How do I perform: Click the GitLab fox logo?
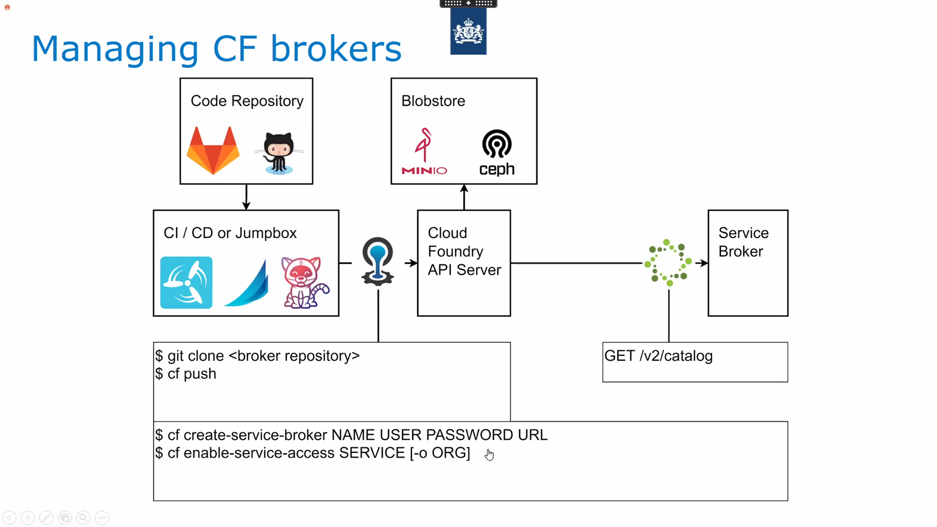(213, 150)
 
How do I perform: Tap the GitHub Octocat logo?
(279, 153)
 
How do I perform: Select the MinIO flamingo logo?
(424, 151)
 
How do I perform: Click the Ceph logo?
(497, 152)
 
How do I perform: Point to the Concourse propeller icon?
(186, 283)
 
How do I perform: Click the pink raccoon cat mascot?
(305, 283)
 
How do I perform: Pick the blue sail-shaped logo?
(247, 283)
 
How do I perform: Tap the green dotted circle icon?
(668, 263)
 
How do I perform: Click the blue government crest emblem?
(468, 31)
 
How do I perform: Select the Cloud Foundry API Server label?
(464, 251)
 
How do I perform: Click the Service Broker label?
(743, 242)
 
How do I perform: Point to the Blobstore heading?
(433, 101)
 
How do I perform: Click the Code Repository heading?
(247, 101)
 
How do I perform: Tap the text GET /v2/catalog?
(658, 356)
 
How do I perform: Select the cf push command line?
(186, 374)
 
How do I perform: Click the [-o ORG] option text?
(440, 453)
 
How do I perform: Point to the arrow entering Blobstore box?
(464, 197)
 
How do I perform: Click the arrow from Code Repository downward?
(246, 197)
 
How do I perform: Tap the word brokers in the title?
(336, 49)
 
